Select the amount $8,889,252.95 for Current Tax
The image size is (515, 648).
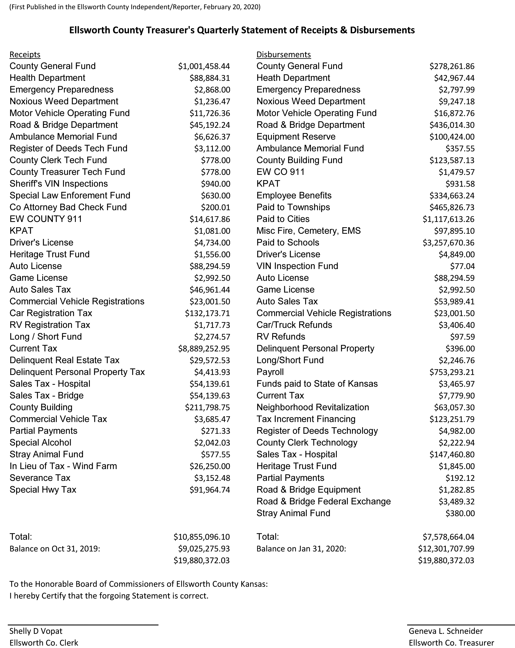click(204, 349)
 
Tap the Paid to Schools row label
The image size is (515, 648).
click(288, 243)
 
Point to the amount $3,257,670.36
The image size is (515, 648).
click(449, 243)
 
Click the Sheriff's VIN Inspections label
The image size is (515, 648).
click(59, 184)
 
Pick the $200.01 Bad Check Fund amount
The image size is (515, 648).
click(215, 207)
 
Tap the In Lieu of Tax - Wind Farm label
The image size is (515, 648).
click(63, 466)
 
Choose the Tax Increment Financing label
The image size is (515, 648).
click(306, 419)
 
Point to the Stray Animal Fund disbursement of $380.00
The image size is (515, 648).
click(460, 513)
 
